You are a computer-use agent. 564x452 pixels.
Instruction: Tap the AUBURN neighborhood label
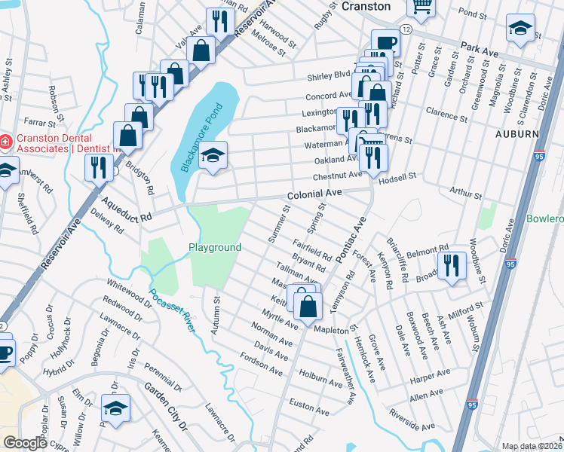click(x=516, y=133)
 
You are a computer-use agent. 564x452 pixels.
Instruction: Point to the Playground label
click(x=215, y=247)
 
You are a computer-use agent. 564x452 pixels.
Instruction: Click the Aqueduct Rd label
click(x=127, y=209)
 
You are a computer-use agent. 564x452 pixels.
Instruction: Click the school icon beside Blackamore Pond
click(x=213, y=156)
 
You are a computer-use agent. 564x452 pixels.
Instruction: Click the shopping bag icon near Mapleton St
click(x=308, y=306)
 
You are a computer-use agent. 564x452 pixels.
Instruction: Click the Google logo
click(x=25, y=443)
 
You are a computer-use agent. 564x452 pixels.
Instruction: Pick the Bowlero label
click(x=546, y=218)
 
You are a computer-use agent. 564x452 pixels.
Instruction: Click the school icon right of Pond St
click(x=519, y=29)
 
